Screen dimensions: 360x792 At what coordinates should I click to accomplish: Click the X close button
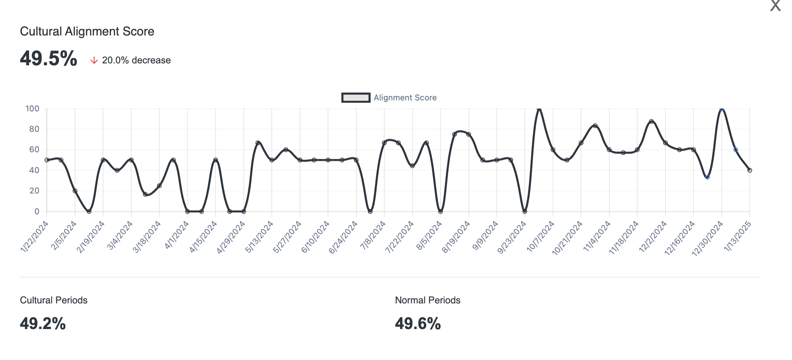(x=775, y=6)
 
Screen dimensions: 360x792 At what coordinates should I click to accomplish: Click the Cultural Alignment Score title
(x=87, y=31)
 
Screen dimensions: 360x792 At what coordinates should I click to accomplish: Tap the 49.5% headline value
(x=48, y=59)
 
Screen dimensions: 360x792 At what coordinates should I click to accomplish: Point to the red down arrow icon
(x=94, y=60)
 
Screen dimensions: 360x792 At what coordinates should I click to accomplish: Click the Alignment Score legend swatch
(x=355, y=98)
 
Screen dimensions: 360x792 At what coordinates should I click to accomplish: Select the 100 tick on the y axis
(x=32, y=109)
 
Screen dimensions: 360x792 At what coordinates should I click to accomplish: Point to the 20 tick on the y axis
(x=34, y=191)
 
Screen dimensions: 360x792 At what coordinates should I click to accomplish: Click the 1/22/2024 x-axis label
(x=35, y=236)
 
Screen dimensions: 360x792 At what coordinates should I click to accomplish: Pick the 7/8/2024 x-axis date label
(x=373, y=235)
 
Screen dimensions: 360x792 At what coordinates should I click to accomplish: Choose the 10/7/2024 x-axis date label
(x=540, y=237)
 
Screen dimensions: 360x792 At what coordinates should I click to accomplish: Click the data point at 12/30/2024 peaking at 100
(x=721, y=109)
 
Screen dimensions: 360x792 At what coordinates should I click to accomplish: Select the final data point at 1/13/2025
(x=749, y=170)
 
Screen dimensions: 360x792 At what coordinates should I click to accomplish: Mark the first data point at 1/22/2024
(x=47, y=160)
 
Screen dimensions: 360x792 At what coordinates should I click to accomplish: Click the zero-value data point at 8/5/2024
(x=440, y=211)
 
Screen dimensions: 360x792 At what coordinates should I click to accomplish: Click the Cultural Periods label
(x=54, y=300)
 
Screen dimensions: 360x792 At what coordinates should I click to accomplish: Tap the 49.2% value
(x=43, y=323)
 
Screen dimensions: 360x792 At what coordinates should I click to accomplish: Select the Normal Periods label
(x=427, y=300)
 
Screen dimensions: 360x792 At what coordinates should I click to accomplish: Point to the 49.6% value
(x=418, y=323)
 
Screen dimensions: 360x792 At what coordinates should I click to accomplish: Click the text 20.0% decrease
(x=136, y=60)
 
